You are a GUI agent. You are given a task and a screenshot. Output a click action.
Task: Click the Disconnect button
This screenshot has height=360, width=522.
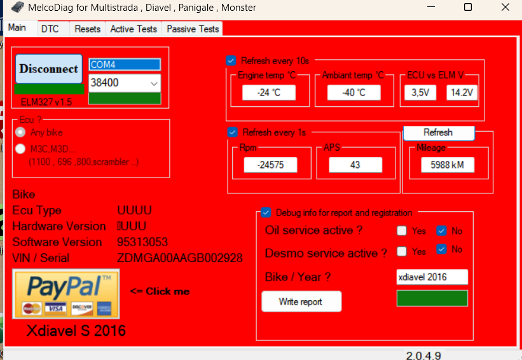(49, 69)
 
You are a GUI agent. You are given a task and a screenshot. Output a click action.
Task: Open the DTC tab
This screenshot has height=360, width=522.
(50, 29)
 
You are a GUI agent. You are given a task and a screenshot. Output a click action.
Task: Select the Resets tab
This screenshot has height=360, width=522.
(88, 29)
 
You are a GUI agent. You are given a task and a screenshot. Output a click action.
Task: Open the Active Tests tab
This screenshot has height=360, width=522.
(134, 29)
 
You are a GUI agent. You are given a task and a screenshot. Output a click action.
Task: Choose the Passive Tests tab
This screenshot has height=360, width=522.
(193, 29)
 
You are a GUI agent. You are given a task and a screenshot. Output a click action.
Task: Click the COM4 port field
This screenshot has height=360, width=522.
(125, 65)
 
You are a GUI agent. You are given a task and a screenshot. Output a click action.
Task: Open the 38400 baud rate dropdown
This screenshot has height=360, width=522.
(125, 83)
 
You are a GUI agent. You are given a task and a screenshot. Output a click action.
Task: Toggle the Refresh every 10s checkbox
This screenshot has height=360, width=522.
(231, 60)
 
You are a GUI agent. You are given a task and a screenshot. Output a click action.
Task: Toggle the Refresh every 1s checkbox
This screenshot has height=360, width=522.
(232, 132)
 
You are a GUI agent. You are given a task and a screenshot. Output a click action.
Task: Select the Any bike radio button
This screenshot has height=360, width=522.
(20, 132)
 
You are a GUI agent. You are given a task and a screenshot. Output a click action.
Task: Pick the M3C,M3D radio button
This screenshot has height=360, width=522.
(20, 149)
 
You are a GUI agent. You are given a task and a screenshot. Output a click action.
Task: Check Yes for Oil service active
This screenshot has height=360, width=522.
(402, 230)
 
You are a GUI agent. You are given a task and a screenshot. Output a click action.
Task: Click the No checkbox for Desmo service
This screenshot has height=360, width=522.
(441, 249)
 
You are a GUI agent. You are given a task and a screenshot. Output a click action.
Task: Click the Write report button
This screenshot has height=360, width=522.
(301, 301)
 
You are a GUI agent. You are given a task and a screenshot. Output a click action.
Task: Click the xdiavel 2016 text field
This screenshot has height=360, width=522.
(432, 277)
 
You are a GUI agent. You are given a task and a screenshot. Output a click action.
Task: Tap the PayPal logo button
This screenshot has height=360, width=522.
(66, 294)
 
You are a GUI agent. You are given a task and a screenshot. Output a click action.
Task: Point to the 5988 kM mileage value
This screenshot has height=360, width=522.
(448, 165)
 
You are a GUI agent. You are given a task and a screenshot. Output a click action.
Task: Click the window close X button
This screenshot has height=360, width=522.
(505, 7)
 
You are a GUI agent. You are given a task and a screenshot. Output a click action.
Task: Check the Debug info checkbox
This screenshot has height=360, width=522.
(266, 212)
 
